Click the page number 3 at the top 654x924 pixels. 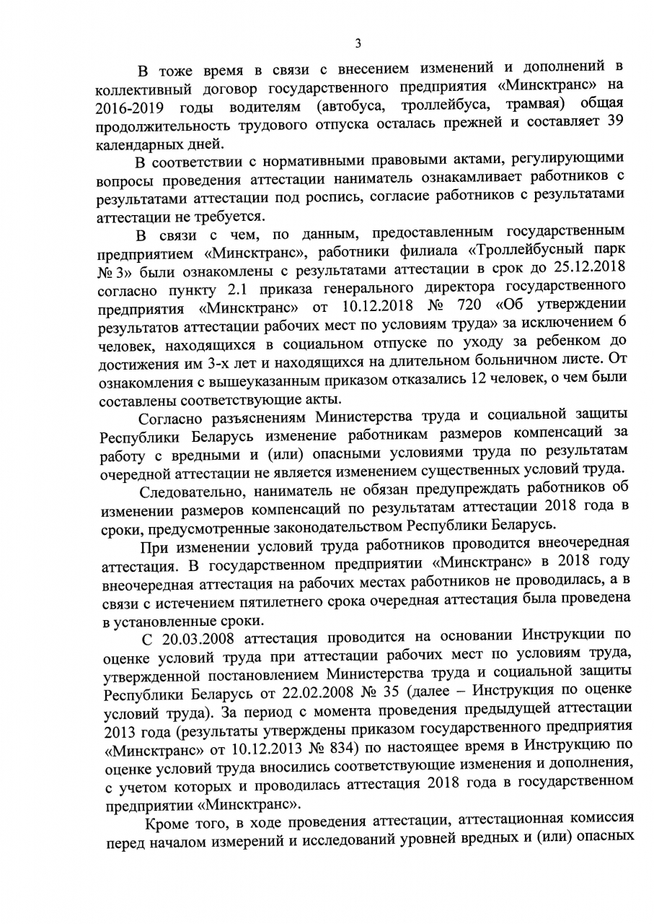coord(358,43)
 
